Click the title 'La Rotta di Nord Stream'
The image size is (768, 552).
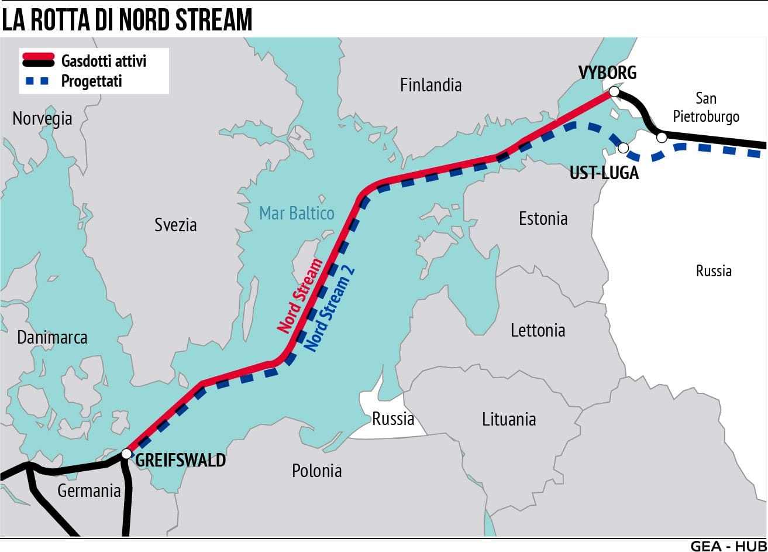point(127,19)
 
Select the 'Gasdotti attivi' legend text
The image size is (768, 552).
point(104,60)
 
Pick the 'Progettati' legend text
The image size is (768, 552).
point(91,81)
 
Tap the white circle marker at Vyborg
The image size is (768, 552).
point(614,91)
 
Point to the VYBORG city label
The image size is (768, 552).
point(607,73)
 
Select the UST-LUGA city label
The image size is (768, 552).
point(604,173)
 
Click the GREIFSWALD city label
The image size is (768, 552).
point(180,460)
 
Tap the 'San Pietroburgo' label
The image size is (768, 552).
point(706,107)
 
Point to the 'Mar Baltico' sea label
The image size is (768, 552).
point(297,212)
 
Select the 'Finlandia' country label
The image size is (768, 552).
point(431,85)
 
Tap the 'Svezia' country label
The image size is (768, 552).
point(175,224)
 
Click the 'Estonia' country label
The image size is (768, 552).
point(543,218)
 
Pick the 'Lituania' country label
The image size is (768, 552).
point(509,419)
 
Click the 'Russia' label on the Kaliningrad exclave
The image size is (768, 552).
point(393,419)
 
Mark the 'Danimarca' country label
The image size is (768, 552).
point(52,338)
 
